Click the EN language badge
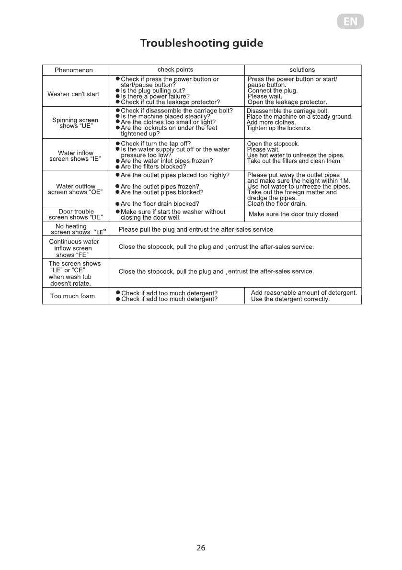pyautogui.click(x=350, y=22)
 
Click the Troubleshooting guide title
pyautogui.click(x=201, y=44)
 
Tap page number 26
pyautogui.click(x=201, y=548)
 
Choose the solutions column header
pyautogui.click(x=302, y=70)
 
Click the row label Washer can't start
pyautogui.click(x=73, y=94)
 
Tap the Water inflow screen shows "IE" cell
pyautogui.click(x=75, y=156)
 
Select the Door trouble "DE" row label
pyautogui.click(x=76, y=214)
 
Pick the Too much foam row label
pyautogui.click(x=72, y=296)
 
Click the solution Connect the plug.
pyautogui.click(x=273, y=90)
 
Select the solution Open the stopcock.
pyautogui.click(x=273, y=144)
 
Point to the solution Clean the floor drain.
pyautogui.click(x=276, y=204)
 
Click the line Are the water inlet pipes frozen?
pyautogui.click(x=167, y=161)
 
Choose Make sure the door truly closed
pyautogui.click(x=293, y=214)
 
